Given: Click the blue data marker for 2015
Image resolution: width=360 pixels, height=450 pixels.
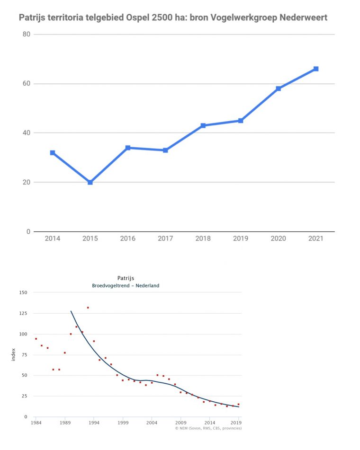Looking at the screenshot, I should pos(90,182).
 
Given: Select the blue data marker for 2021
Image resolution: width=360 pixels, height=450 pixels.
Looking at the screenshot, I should pos(316,69).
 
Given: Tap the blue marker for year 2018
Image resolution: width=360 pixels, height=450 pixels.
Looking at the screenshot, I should pos(203,125).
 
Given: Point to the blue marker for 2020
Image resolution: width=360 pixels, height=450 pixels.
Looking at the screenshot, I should pos(278,88).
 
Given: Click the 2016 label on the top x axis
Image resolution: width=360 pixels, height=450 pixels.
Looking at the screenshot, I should pos(127,238).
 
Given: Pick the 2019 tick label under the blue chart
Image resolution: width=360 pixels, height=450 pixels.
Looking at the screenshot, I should pos(241,238).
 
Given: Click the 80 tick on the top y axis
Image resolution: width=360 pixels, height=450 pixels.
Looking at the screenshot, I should pos(26,35).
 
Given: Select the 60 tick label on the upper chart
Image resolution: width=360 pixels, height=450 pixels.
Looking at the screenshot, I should pos(26,84).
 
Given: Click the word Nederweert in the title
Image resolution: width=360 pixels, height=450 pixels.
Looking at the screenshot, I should pos(303,18).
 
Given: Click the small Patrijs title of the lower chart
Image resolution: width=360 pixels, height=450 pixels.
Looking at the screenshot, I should pos(126,278).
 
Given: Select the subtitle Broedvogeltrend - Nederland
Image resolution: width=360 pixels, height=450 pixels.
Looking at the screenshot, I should pos(126,285).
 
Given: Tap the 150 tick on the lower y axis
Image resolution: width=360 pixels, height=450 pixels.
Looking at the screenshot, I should pos(23,292).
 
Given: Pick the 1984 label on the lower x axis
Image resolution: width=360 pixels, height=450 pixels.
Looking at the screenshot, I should pos(36,422).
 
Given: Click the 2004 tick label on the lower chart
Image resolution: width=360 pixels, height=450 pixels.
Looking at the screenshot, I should pos(152,422).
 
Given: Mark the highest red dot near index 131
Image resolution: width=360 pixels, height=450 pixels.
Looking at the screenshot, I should pos(88,308).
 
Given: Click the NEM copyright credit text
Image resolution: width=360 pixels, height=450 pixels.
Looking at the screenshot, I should pos(208,428).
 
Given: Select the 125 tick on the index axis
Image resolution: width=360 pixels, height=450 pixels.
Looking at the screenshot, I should pos(23,313).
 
